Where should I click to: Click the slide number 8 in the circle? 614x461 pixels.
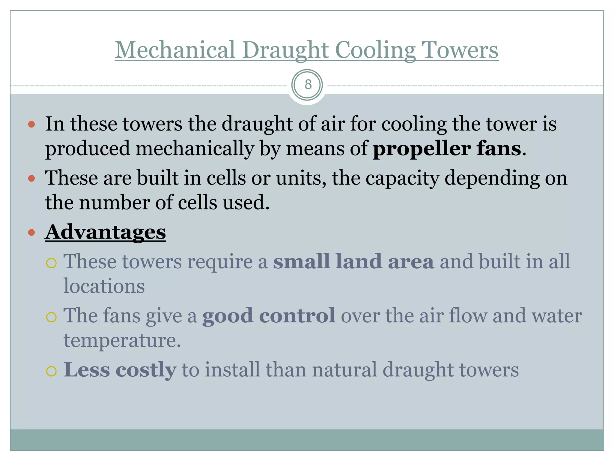(308, 85)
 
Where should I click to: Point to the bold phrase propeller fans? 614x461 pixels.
(447, 148)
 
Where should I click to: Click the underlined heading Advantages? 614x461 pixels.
(105, 232)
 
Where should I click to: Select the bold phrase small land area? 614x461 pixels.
(353, 261)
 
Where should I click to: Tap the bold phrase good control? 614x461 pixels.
(269, 315)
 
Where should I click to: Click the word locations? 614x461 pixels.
(104, 286)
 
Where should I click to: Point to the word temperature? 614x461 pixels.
(122, 340)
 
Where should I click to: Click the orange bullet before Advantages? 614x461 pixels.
(31, 233)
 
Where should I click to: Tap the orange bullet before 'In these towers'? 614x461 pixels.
(31, 124)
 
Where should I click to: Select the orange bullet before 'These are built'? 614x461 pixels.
(31, 179)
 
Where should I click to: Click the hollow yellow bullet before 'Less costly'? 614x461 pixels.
(52, 371)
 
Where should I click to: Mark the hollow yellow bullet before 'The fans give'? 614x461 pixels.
(52, 317)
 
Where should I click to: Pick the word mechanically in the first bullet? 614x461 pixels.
(195, 148)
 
